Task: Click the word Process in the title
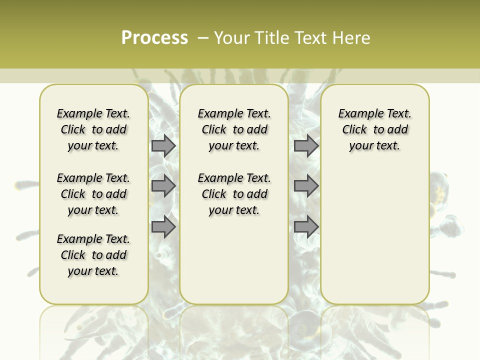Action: pyautogui.click(x=154, y=38)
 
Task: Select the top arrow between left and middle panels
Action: pyautogui.click(x=163, y=145)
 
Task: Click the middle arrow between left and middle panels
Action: pyautogui.click(x=163, y=186)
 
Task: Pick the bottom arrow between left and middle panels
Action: pyautogui.click(x=163, y=226)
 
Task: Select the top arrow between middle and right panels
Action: pyautogui.click(x=306, y=145)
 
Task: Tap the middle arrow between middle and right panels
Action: pyautogui.click(x=306, y=186)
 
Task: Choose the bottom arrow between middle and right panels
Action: pyautogui.click(x=306, y=226)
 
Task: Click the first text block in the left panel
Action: pyautogui.click(x=93, y=129)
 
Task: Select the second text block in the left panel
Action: pyautogui.click(x=93, y=194)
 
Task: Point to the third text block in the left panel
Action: pyautogui.click(x=93, y=255)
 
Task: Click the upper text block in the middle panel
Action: pyautogui.click(x=234, y=129)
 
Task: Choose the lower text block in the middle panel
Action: pyautogui.click(x=234, y=194)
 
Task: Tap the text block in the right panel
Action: pyautogui.click(x=374, y=129)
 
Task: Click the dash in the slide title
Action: pyautogui.click(x=202, y=38)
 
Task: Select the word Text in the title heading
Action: pyautogui.click(x=310, y=38)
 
